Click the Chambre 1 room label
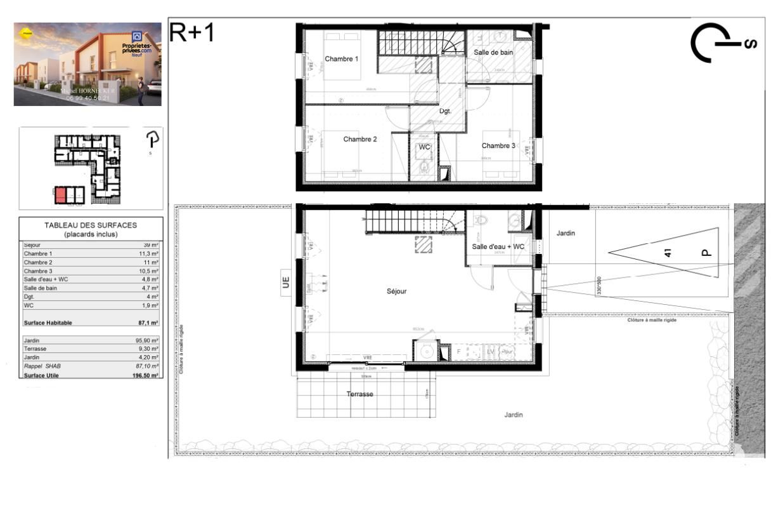coord(342,59)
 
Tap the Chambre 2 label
coord(360,139)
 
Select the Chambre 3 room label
coord(498,145)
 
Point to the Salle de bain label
coord(493,52)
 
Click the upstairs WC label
coord(424,147)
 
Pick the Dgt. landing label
coord(446,111)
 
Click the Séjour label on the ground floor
coord(396,291)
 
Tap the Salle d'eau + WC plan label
coord(498,246)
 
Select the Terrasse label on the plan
coord(359,394)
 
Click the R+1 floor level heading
coord(192,33)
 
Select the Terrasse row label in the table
coord(35,349)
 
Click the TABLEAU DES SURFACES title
coord(91,225)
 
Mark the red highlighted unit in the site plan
coord(61,195)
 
